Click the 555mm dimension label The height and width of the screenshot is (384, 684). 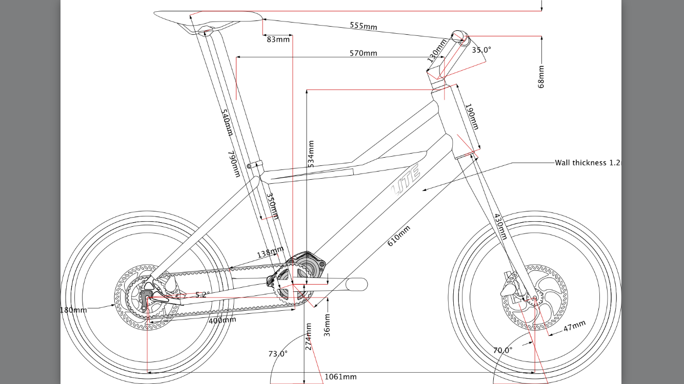click(364, 26)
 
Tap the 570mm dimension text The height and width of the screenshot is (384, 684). click(364, 53)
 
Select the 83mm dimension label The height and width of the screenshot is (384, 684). click(278, 39)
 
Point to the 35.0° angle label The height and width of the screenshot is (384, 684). click(481, 50)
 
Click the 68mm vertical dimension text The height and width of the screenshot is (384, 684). click(541, 77)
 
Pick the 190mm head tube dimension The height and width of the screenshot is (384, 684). click(472, 117)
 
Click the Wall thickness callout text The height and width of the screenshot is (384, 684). click(588, 163)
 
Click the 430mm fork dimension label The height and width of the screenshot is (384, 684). click(500, 226)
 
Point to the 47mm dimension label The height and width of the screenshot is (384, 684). click(574, 326)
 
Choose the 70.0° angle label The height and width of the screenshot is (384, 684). click(503, 350)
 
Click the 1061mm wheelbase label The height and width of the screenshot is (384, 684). click(340, 377)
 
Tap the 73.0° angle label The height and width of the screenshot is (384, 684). click(278, 354)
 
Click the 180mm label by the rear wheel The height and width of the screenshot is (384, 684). click(74, 310)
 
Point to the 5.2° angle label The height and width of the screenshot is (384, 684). click(203, 294)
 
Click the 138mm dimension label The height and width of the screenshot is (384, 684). click(271, 252)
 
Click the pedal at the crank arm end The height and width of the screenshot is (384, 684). click(357, 284)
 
